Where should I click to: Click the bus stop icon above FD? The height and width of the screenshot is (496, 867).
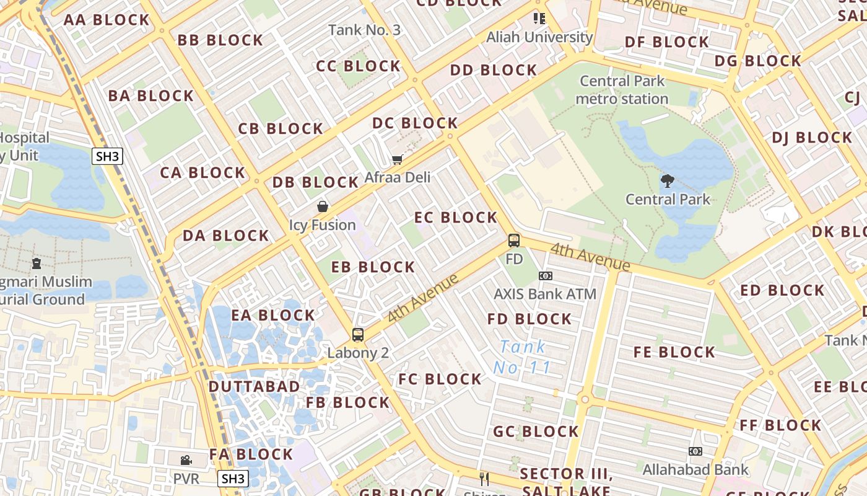click(x=514, y=241)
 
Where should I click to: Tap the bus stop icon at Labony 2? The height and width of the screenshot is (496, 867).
click(x=358, y=335)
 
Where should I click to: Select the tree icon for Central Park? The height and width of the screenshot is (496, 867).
click(x=667, y=181)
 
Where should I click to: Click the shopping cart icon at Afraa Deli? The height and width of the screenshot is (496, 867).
click(x=397, y=160)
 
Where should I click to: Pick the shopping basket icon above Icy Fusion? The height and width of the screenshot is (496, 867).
click(x=323, y=206)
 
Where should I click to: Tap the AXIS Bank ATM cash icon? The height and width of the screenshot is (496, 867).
click(x=545, y=276)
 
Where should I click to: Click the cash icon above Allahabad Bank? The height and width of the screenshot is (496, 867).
click(x=695, y=451)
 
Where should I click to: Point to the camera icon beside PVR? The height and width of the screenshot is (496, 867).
click(x=186, y=460)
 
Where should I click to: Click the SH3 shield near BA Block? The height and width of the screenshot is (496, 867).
click(x=107, y=156)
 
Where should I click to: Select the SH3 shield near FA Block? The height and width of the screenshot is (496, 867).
click(x=233, y=479)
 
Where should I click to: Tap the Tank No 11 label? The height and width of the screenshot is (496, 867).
click(x=522, y=357)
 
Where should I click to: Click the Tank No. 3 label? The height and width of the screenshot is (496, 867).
click(x=364, y=30)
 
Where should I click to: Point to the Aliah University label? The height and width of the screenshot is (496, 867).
click(x=539, y=37)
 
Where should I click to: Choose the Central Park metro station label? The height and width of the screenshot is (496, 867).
click(x=622, y=90)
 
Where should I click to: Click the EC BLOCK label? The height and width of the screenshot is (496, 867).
click(x=456, y=218)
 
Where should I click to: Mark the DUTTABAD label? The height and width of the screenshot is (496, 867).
click(x=254, y=387)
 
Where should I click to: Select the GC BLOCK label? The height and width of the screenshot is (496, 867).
click(x=536, y=432)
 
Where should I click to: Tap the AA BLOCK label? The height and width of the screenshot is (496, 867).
click(x=107, y=20)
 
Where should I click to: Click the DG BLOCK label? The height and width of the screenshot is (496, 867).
click(x=758, y=61)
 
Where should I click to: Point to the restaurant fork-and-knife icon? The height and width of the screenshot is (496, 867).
click(x=484, y=479)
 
